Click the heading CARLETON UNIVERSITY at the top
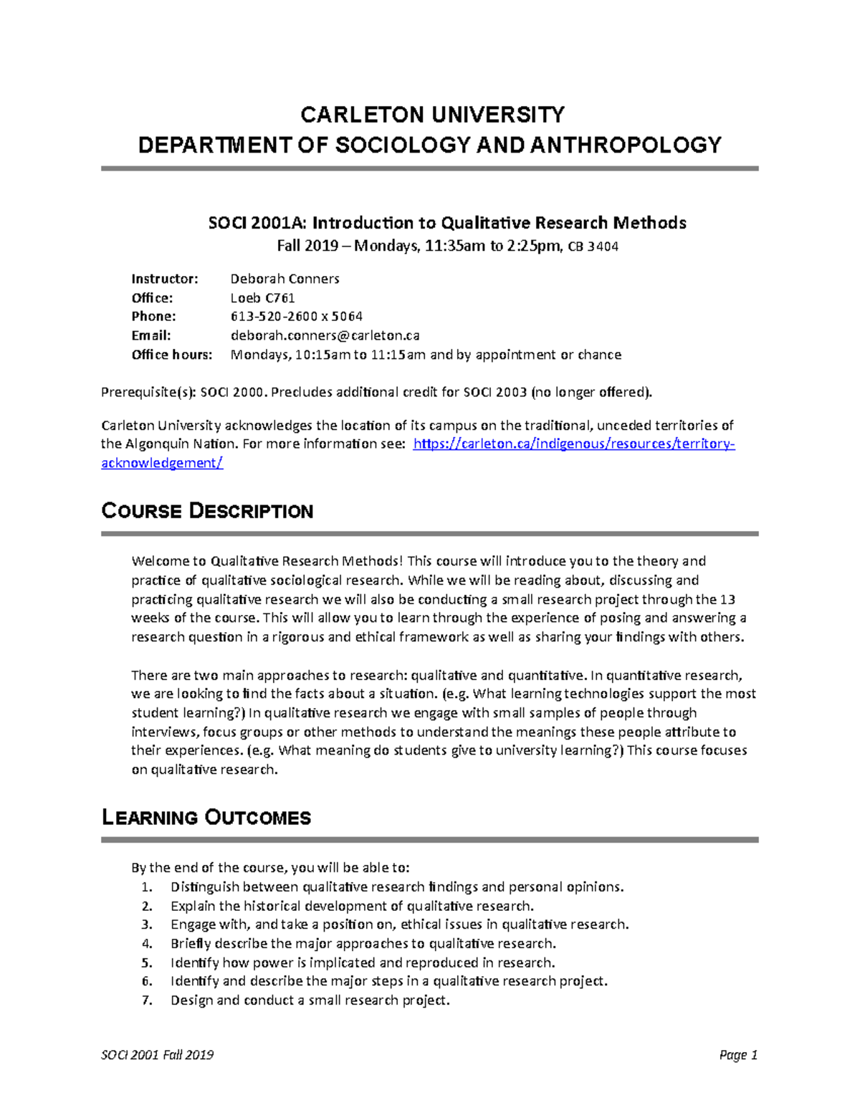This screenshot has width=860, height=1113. click(x=432, y=115)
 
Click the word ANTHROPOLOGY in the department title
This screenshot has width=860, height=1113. click(x=625, y=145)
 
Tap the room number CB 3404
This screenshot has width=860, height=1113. click(x=593, y=247)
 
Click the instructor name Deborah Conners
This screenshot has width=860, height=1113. click(x=285, y=279)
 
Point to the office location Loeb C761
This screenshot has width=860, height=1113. click(x=262, y=297)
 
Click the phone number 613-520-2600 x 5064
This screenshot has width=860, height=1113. click(x=296, y=316)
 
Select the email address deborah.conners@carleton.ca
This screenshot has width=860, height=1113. click(x=325, y=335)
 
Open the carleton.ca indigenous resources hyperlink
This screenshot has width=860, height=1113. click(x=574, y=444)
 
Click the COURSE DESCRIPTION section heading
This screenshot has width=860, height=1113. click(x=207, y=511)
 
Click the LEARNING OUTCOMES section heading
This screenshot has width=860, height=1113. click(x=206, y=818)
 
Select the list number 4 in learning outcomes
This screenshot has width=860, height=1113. click(x=147, y=943)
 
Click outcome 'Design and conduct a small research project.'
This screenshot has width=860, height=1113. click(x=310, y=1000)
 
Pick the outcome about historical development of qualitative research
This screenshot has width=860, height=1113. click(x=352, y=906)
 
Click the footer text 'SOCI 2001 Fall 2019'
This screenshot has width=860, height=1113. click(x=157, y=1055)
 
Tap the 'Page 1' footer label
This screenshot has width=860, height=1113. click(x=738, y=1055)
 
